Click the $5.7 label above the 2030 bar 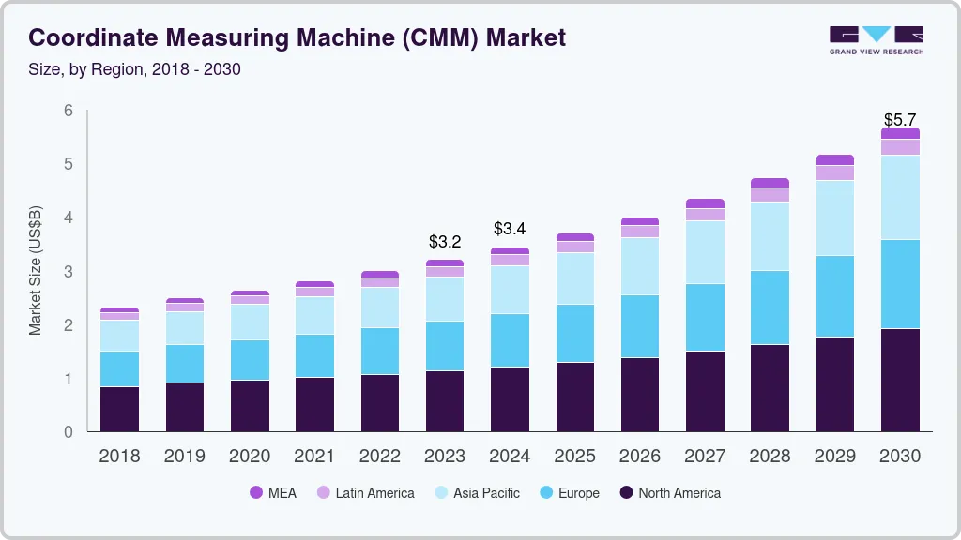[900, 120]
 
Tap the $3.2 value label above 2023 [445, 242]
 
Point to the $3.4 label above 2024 [510, 230]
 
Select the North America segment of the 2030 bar [900, 380]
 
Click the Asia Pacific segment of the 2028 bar [770, 236]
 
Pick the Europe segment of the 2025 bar [574, 333]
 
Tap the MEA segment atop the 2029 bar [834, 160]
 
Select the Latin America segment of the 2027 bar [705, 215]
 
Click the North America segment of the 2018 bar [119, 409]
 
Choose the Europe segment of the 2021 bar [314, 356]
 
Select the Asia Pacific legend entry [485, 492]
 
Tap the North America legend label [679, 492]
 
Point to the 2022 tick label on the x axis [379, 457]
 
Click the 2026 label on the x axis [639, 457]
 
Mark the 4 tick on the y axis [68, 217]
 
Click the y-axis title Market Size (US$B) [36, 270]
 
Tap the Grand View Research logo [876, 40]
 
